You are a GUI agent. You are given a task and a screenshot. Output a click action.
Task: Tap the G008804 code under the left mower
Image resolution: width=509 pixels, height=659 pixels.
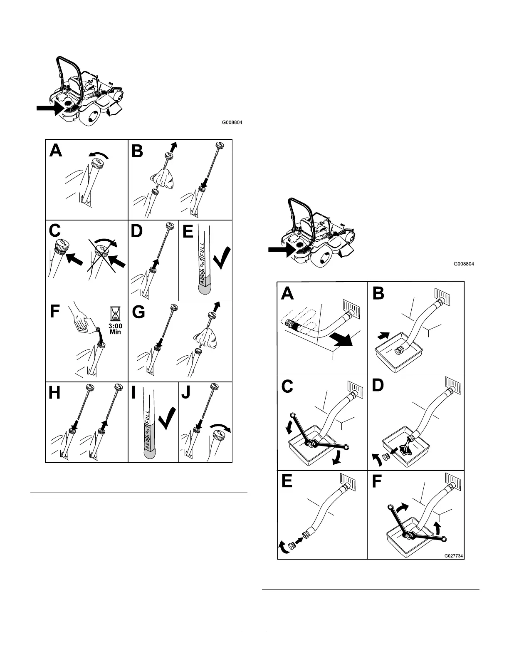232,123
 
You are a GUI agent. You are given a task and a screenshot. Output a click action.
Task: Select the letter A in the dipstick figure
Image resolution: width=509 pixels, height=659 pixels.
56,150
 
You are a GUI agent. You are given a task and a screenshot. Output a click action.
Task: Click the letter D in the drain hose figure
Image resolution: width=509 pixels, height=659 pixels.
378,386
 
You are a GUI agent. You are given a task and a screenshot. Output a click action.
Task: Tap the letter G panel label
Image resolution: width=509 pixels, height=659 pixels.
138,312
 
